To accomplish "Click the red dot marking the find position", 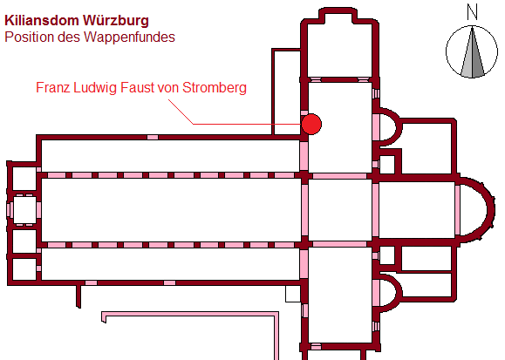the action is pos(311,124).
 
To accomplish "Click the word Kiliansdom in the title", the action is pos(42,20).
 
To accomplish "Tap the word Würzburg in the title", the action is pos(116,20).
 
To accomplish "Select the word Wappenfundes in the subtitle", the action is pos(129,37).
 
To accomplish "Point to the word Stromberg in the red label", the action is pos(215,87).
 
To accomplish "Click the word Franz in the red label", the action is pos(53,87).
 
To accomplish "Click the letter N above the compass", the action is pos(472,13).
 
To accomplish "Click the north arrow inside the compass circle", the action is pos(472,52).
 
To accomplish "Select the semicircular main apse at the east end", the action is pos(477,209).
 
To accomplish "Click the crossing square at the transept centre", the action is pos(340,209).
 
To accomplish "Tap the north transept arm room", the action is pos(340,127).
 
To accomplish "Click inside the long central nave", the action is pos(171,209).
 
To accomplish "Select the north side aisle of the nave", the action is pos(171,156).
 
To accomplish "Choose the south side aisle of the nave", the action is pos(171,264).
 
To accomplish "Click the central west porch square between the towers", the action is pos(24,209).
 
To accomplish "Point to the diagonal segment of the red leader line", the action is pos(181,112).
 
